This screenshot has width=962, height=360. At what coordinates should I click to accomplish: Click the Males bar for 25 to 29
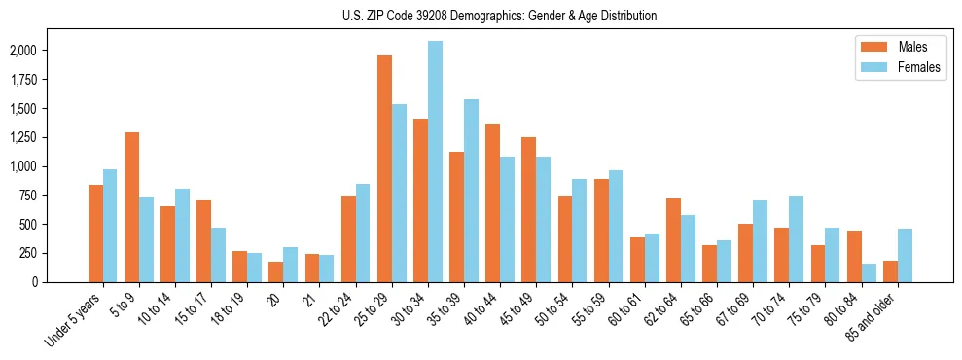[384, 168]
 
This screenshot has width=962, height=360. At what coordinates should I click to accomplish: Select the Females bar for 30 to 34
[435, 162]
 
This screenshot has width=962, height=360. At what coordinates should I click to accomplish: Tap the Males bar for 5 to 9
[131, 207]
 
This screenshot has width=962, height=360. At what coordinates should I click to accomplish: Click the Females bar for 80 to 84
[869, 272]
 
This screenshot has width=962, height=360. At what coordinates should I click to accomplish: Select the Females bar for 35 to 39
[471, 191]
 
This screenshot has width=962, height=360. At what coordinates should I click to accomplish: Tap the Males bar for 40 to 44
[492, 202]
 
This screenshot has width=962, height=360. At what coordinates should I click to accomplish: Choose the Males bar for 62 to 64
[672, 240]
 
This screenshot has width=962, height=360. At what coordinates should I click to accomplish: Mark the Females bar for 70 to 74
[797, 238]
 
